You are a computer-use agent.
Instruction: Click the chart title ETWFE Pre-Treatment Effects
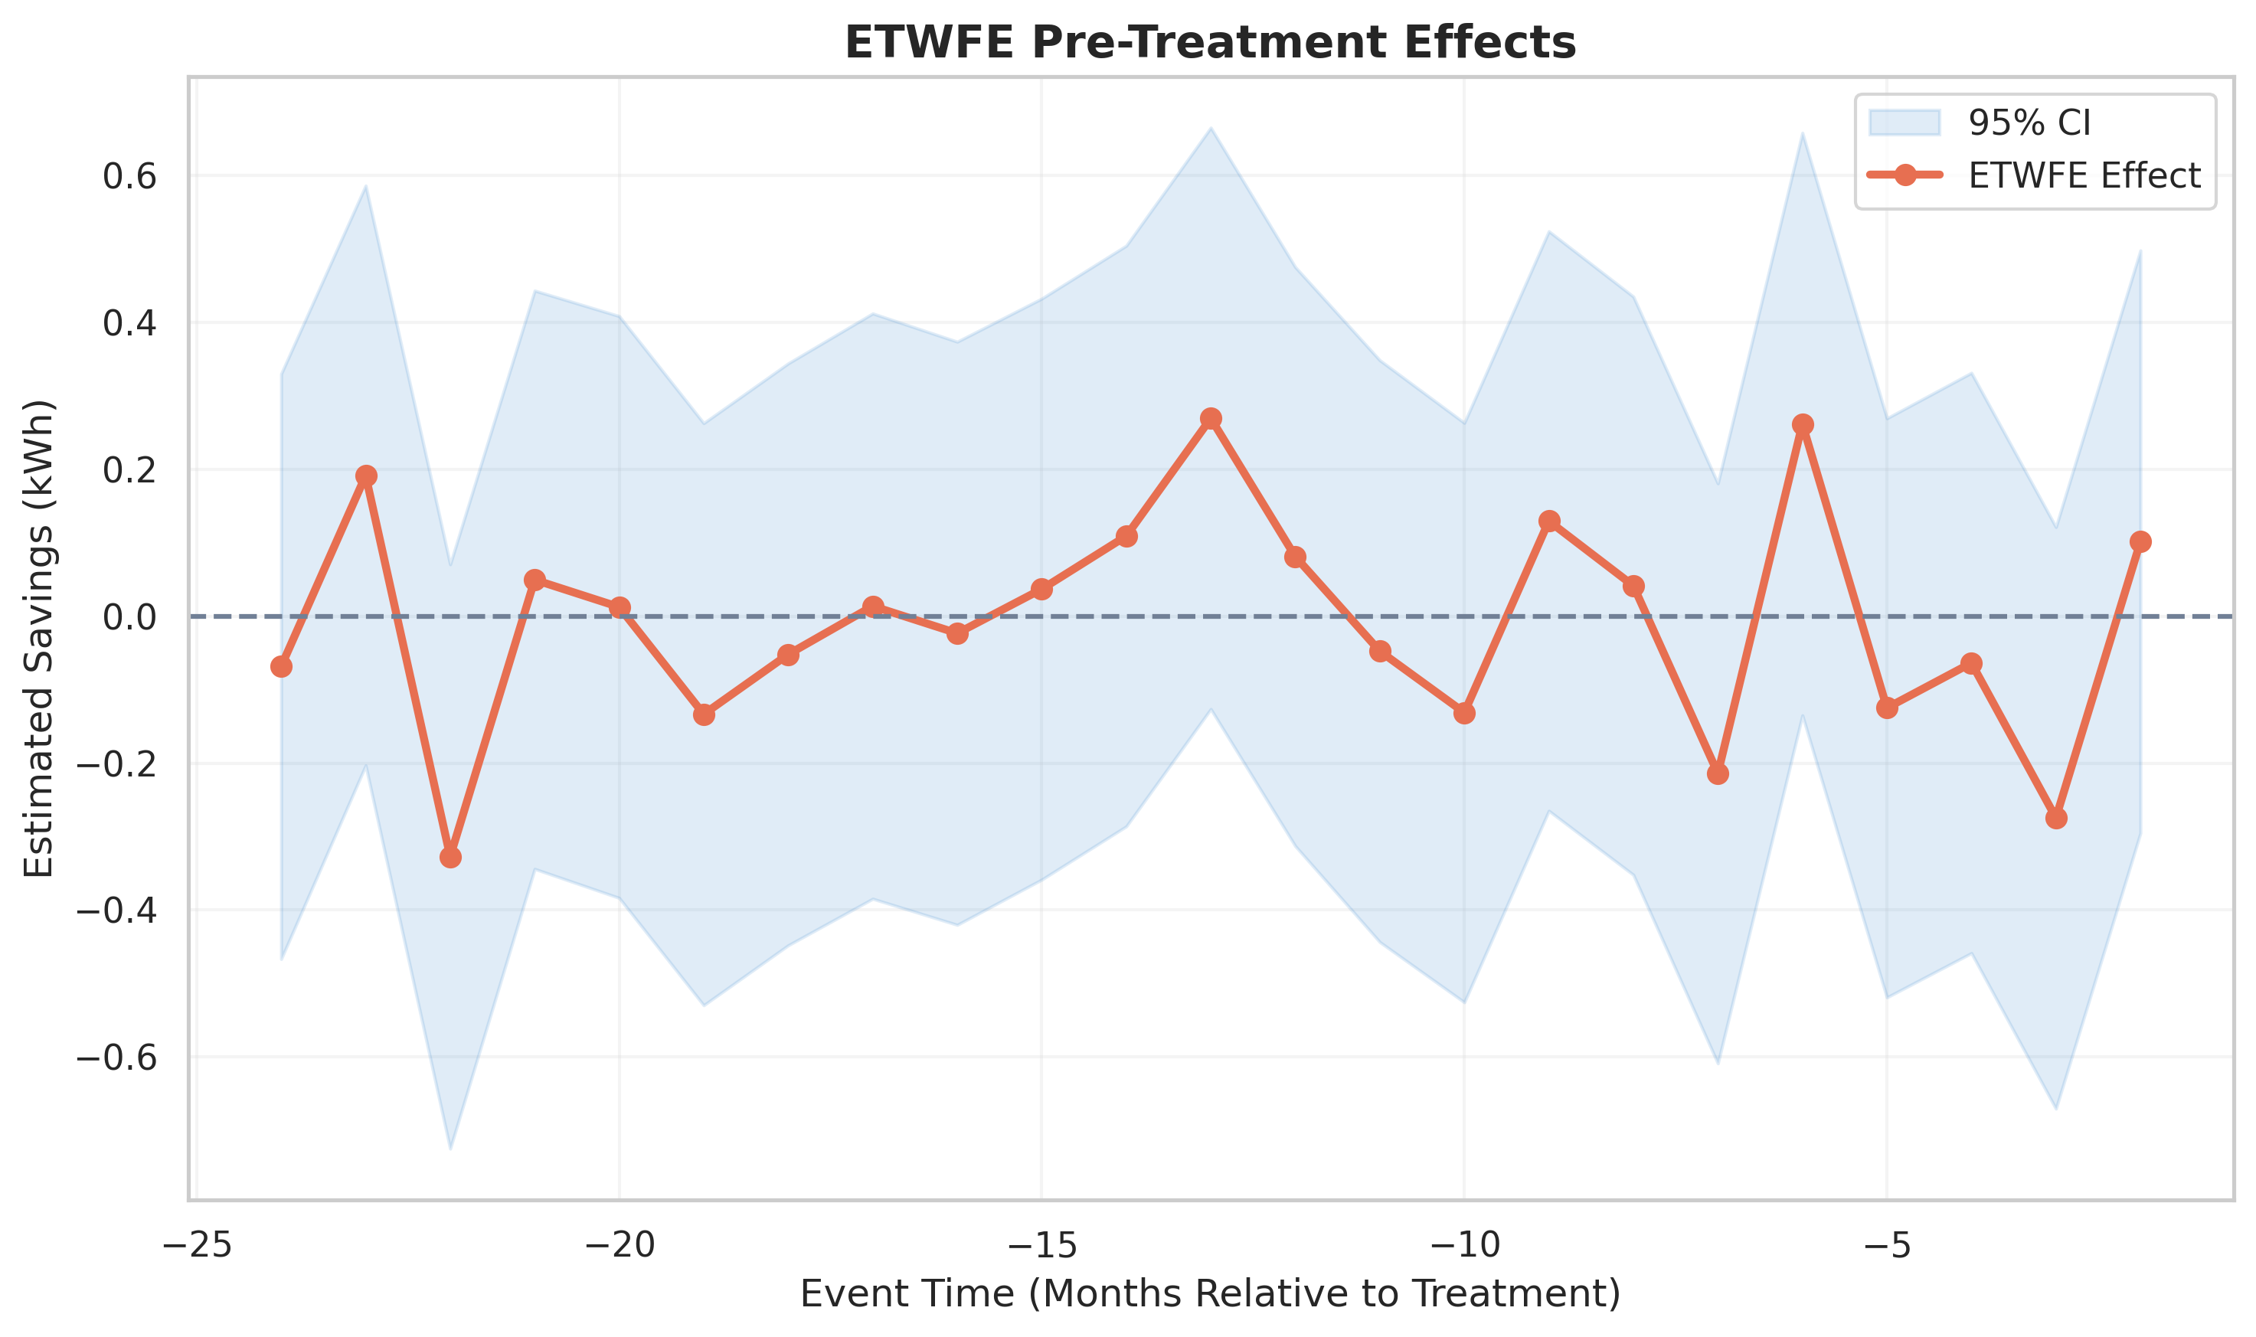click(x=1210, y=42)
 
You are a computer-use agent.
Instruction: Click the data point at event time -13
click(x=1211, y=419)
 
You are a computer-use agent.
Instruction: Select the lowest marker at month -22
click(x=450, y=857)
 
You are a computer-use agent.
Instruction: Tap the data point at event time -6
click(x=1803, y=424)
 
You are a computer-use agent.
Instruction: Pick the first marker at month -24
click(x=281, y=667)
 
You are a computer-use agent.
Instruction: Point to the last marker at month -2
click(x=2140, y=541)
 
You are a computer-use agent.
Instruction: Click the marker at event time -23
click(x=366, y=476)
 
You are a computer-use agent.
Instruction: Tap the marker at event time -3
click(x=2056, y=818)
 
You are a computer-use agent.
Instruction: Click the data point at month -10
click(x=1464, y=714)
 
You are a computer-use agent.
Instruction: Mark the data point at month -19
click(x=704, y=714)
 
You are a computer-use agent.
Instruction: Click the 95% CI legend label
click(x=2029, y=123)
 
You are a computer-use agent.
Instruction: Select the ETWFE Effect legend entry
click(x=2084, y=175)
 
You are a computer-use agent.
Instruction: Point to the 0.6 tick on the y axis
click(x=129, y=177)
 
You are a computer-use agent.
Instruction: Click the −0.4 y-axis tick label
click(x=116, y=910)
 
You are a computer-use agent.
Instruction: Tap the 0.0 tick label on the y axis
click(x=129, y=617)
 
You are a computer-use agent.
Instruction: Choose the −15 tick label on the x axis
click(x=1041, y=1245)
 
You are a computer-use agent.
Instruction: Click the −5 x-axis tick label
click(x=1888, y=1245)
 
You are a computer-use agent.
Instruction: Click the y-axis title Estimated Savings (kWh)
click(x=39, y=638)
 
